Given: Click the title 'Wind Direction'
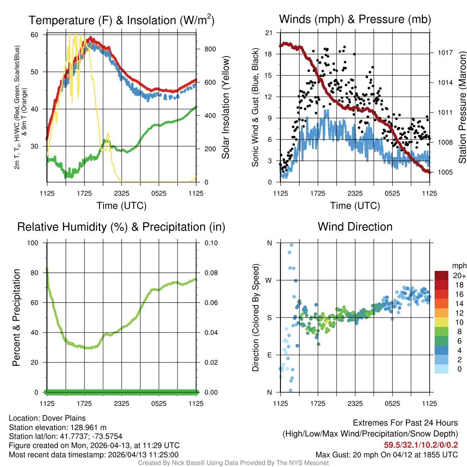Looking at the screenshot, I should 355,227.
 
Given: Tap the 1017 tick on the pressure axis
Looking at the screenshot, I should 444,52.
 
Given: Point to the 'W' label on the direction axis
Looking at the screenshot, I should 269,280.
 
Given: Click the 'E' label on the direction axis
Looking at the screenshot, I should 270,355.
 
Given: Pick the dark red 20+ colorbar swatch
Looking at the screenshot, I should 441,275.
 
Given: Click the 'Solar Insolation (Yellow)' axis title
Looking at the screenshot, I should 226,108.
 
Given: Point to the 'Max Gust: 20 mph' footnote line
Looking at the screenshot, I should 387,454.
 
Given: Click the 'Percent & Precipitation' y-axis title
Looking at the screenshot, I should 16,317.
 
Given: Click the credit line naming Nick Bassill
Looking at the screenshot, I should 233,463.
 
